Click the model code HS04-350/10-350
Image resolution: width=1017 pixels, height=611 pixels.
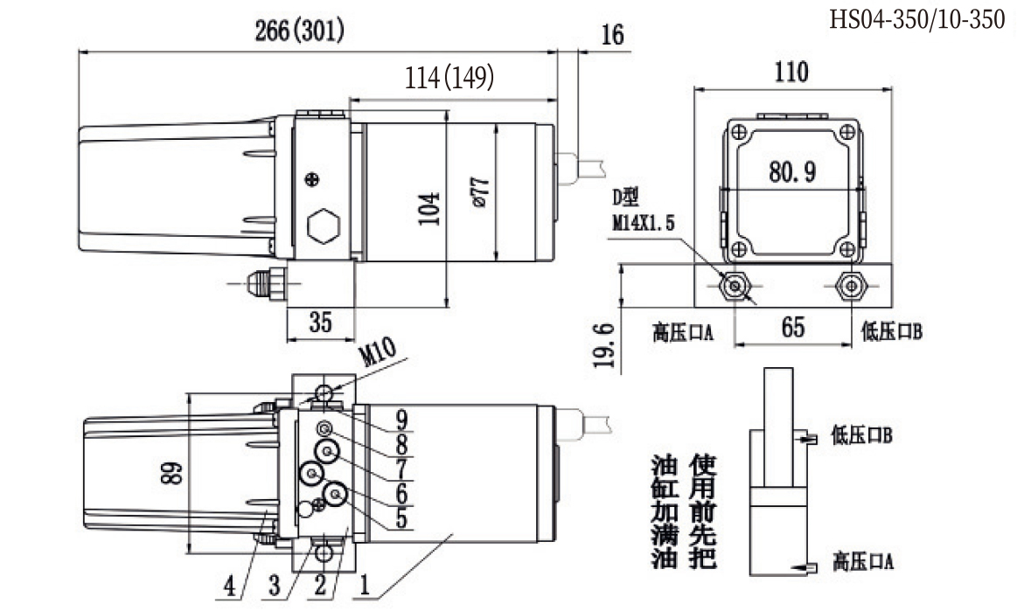coord(917,19)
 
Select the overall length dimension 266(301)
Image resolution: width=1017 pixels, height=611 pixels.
coord(299,32)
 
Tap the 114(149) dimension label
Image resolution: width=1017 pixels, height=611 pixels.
coord(450,78)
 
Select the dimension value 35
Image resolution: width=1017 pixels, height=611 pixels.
coord(321,323)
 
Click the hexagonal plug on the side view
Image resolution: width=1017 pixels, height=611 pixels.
coord(323,227)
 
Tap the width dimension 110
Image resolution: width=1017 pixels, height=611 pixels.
coord(791,72)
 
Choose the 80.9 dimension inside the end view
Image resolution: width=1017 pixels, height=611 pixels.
coord(792,172)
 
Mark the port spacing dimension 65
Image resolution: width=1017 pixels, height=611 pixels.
coord(792,329)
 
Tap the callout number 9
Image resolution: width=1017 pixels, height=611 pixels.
coord(401,417)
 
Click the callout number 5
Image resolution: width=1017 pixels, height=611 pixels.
coord(401,517)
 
